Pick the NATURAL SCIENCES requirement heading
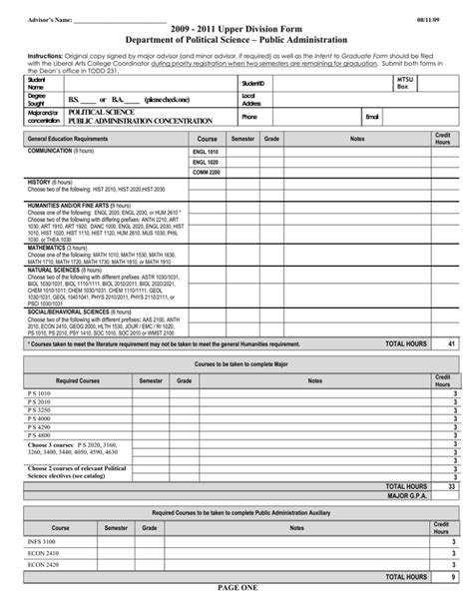(55, 269)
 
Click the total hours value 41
(452, 343)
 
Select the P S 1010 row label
(40, 394)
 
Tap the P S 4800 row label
(40, 435)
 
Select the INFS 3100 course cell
(44, 540)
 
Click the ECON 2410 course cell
(44, 554)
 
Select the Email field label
(372, 117)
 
